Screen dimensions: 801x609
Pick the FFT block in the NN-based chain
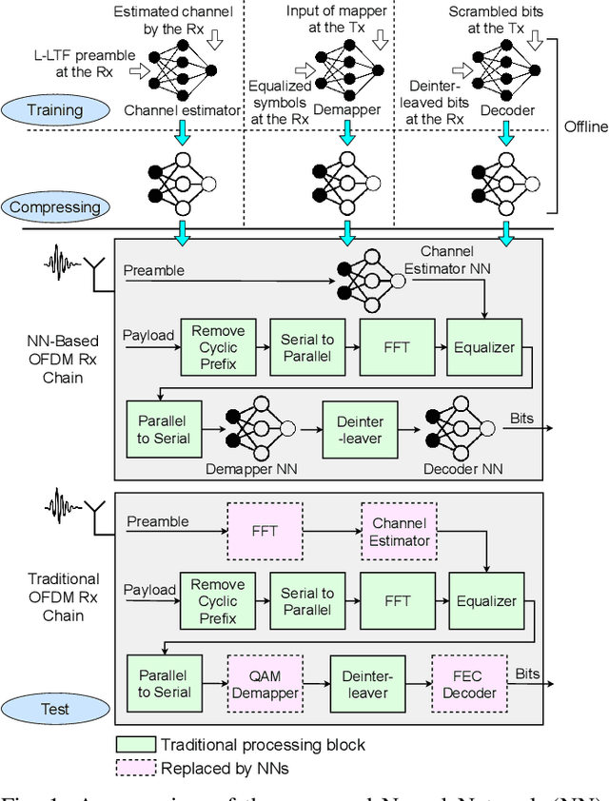click(396, 347)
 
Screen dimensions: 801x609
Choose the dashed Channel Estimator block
click(400, 533)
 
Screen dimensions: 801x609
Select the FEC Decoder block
click(469, 683)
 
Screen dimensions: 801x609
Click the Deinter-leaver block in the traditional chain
click(366, 683)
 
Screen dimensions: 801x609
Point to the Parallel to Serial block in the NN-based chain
click(163, 430)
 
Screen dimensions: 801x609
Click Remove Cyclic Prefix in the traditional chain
click(218, 601)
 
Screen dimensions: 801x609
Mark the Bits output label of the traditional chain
click(528, 674)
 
